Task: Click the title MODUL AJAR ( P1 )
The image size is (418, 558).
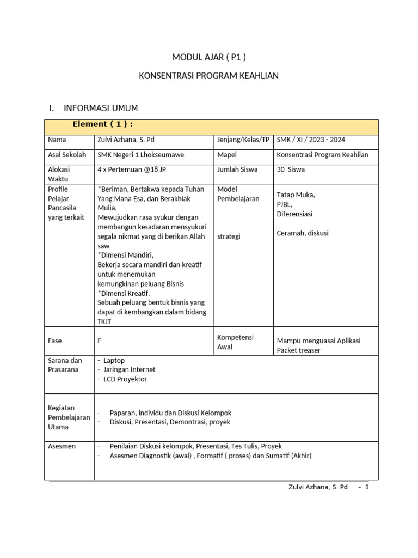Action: [209, 57]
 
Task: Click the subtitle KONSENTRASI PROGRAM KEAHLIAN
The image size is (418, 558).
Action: [209, 76]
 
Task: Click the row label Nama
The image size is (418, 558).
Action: [57, 140]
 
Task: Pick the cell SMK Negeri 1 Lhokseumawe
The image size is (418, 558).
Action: [140, 155]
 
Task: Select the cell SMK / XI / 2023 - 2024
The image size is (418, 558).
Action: [311, 140]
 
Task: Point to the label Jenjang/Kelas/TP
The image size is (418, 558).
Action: [243, 140]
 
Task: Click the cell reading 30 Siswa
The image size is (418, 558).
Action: [291, 169]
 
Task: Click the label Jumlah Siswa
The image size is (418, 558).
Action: [237, 169]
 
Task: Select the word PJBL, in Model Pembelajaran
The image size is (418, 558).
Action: [285, 204]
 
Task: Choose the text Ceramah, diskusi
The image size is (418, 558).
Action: [303, 233]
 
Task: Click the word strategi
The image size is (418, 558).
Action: [229, 236]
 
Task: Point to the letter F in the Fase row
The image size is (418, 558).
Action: [100, 341]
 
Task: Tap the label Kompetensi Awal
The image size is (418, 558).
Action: [235, 342]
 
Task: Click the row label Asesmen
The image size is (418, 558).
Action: [62, 446]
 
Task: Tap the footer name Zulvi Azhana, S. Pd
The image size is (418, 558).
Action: [318, 487]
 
